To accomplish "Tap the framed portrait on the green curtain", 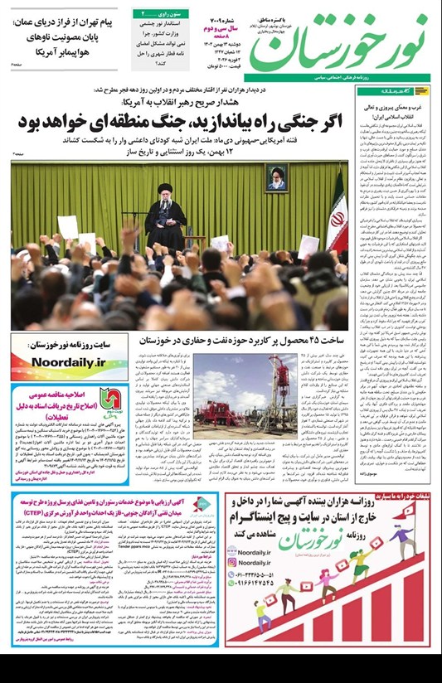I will click(276, 177).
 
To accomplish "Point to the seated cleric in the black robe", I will click(165, 215).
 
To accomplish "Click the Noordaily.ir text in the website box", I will click(70, 361).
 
